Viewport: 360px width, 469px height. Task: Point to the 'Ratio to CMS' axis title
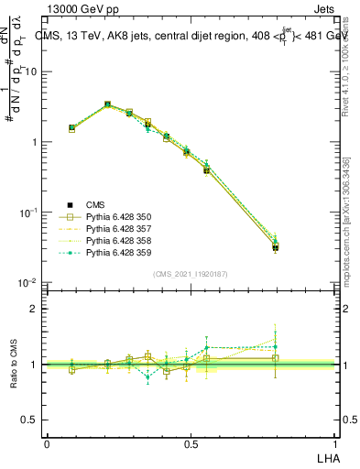click(x=14, y=365)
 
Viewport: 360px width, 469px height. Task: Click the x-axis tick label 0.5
click(x=191, y=443)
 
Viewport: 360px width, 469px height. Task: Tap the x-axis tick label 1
click(x=335, y=443)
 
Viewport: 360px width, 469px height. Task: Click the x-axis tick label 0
click(x=47, y=443)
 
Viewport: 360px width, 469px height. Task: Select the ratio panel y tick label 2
click(x=34, y=310)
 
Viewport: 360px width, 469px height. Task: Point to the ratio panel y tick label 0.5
click(x=30, y=420)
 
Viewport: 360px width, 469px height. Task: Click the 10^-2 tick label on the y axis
click(x=28, y=283)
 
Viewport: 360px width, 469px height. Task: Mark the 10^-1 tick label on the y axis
click(x=28, y=213)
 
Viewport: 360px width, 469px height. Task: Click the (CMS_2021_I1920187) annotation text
click(x=191, y=274)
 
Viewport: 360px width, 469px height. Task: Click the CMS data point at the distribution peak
click(x=107, y=105)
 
